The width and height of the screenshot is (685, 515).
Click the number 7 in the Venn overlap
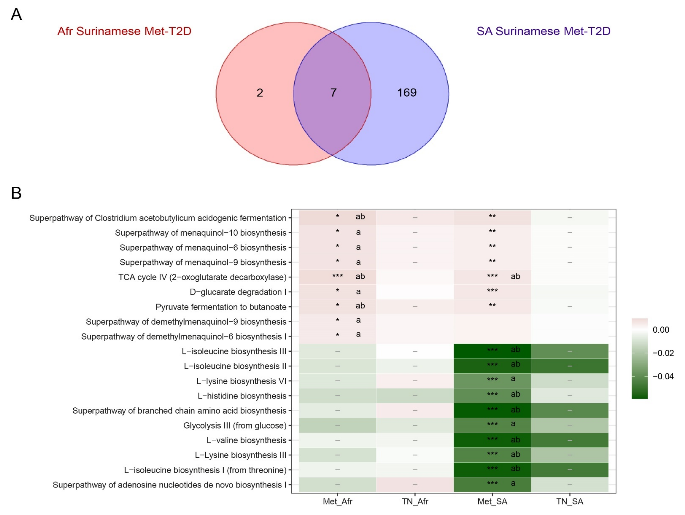[x=333, y=93]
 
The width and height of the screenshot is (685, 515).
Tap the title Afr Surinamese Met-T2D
[x=124, y=31]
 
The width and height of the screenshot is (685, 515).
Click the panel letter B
[x=16, y=193]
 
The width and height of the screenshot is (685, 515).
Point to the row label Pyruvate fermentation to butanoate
[x=221, y=307]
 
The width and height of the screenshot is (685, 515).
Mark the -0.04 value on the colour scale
[x=663, y=376]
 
